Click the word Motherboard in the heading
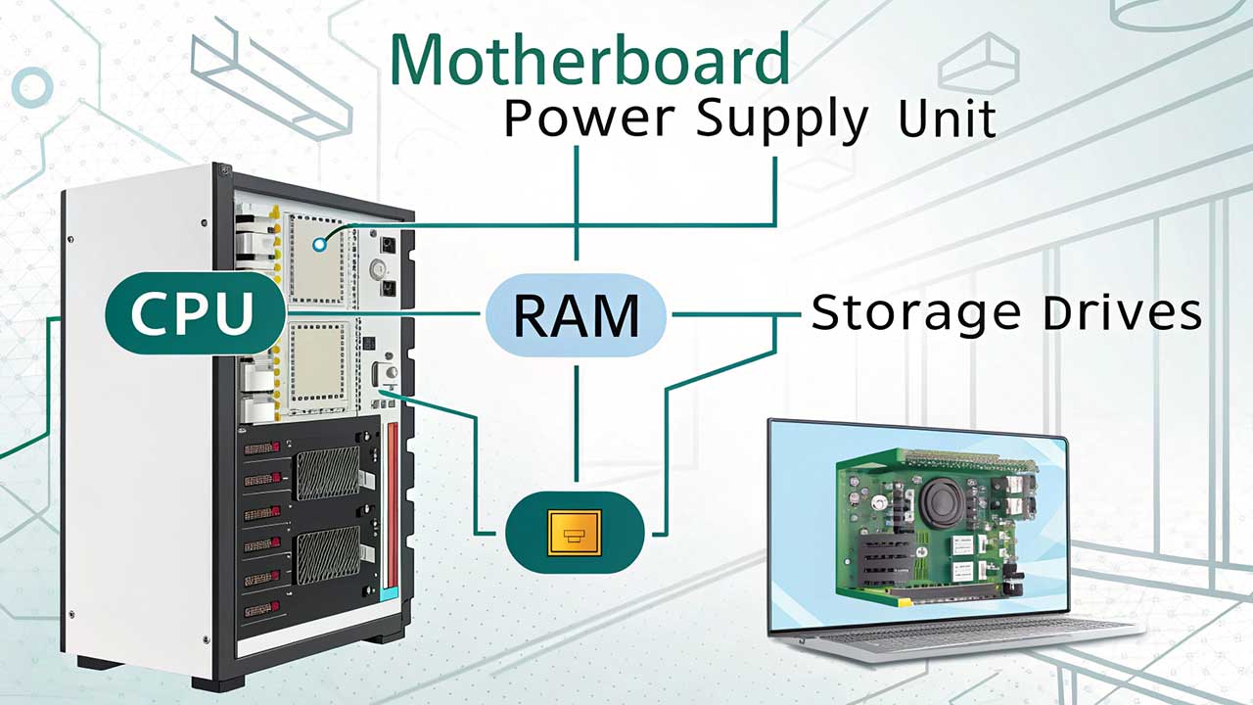click(589, 61)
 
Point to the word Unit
click(947, 119)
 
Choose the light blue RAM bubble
click(577, 314)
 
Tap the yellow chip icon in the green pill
click(574, 533)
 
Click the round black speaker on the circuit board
click(945, 499)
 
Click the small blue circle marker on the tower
click(319, 243)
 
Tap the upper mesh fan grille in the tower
click(327, 474)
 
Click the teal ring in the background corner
click(31, 88)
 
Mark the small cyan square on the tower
click(391, 594)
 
